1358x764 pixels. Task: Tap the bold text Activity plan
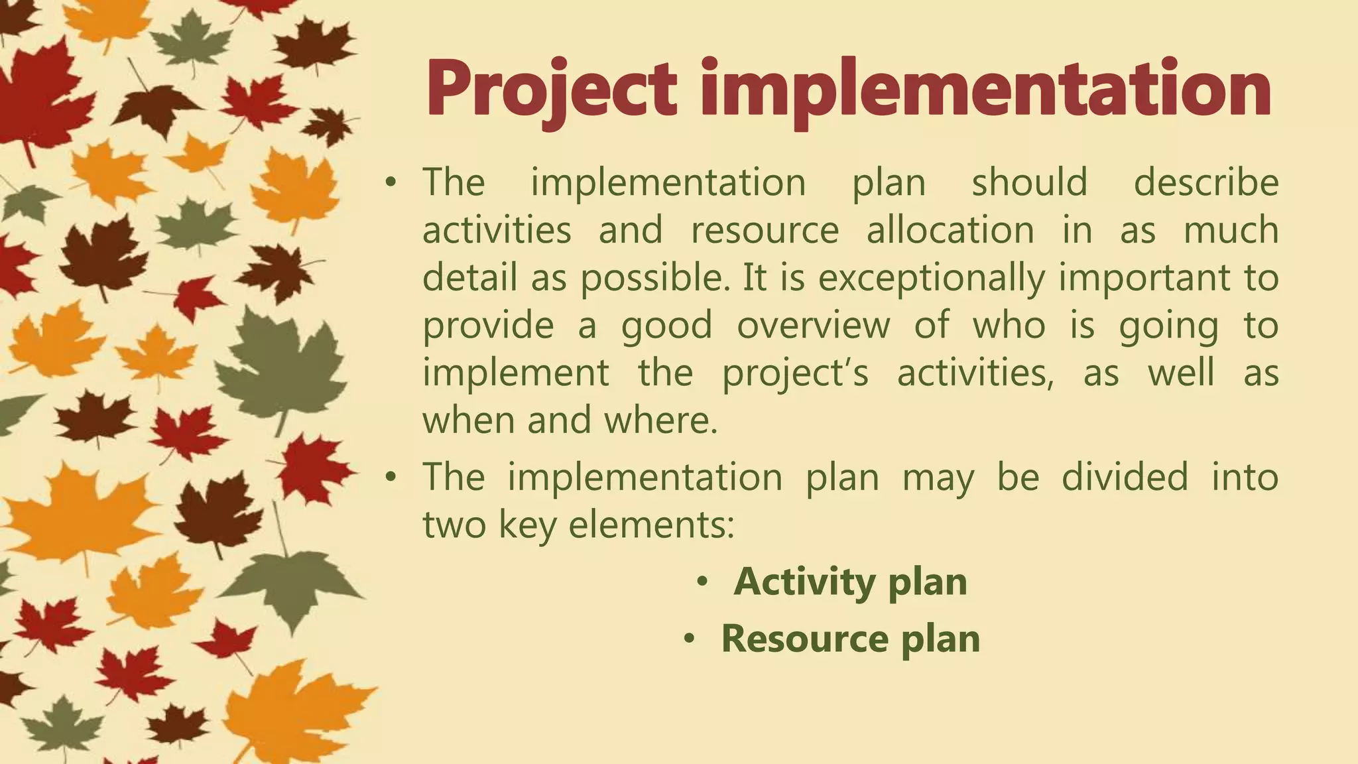[850, 582]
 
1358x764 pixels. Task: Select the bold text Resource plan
[850, 639]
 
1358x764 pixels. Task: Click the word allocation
[950, 230]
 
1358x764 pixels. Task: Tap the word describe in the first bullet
[1205, 182]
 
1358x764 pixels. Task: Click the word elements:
[652, 525]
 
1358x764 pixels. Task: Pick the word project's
[795, 373]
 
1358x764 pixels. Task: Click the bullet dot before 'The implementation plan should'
[391, 182]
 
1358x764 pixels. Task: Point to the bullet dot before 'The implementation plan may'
[391, 477]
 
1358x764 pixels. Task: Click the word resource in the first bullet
[765, 230]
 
